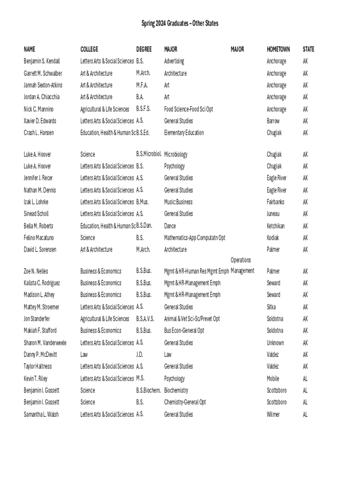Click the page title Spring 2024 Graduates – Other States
click(180, 23)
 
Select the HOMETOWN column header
click(278, 49)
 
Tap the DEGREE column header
click(144, 49)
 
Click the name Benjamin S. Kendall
click(42, 61)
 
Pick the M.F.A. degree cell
click(142, 85)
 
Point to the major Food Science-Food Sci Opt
click(188, 109)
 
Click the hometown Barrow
click(273, 121)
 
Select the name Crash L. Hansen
click(39, 133)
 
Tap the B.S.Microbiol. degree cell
click(149, 154)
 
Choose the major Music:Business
click(178, 202)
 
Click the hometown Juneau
click(273, 214)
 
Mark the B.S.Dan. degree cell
click(144, 225)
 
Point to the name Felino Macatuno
click(39, 238)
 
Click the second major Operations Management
click(242, 266)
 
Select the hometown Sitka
click(271, 307)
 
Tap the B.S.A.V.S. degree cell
click(145, 319)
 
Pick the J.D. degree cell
click(139, 355)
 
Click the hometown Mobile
click(273, 378)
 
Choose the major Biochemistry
click(176, 390)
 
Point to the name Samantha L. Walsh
click(41, 414)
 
